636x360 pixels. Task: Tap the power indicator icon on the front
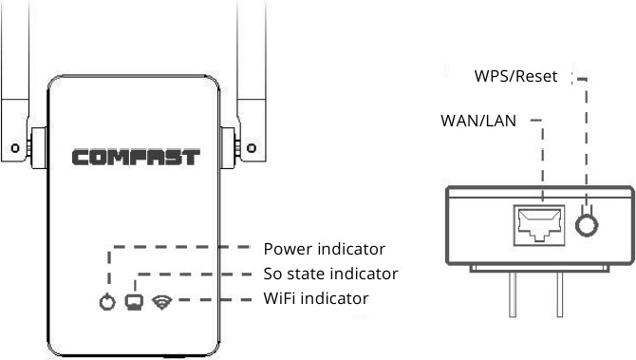[107, 303]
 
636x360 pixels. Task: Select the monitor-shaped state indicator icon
[136, 302]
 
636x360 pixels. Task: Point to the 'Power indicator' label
[324, 250]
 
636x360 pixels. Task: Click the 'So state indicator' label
[329, 275]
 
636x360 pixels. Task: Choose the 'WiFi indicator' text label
[315, 299]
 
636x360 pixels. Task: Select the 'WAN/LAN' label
[477, 121]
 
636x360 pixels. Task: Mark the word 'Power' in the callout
[286, 250]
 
